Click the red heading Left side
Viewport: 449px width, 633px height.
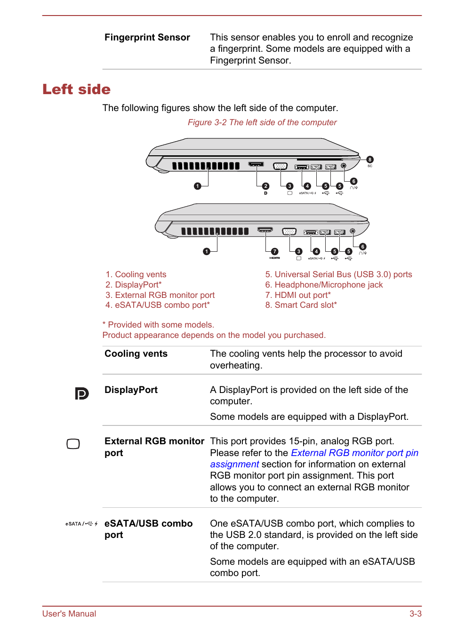coord(76,89)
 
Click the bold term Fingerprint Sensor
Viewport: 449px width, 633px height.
coord(147,38)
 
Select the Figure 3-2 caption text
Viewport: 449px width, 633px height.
coord(262,122)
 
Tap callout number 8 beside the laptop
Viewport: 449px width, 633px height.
coord(370,160)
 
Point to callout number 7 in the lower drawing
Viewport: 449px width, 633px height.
coord(275,251)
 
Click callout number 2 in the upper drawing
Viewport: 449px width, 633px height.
coord(266,186)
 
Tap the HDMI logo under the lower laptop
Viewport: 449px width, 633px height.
coord(275,258)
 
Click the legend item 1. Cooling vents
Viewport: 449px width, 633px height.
coord(136,274)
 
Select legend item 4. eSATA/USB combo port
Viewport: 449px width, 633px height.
coord(158,305)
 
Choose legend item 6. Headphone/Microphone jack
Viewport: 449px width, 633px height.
coord(324,285)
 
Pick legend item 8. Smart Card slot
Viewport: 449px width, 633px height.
coord(301,305)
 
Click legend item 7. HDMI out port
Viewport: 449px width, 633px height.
coord(298,295)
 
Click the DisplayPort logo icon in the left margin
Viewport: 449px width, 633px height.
coord(81,393)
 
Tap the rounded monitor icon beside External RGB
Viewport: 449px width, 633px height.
coord(73,444)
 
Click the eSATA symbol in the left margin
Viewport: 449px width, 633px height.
coord(81,524)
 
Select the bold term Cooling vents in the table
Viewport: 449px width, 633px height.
coord(136,354)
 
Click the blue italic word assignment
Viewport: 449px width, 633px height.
coord(234,465)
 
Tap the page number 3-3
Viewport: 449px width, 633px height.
coord(415,614)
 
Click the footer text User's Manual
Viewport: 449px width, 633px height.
coord(69,614)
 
